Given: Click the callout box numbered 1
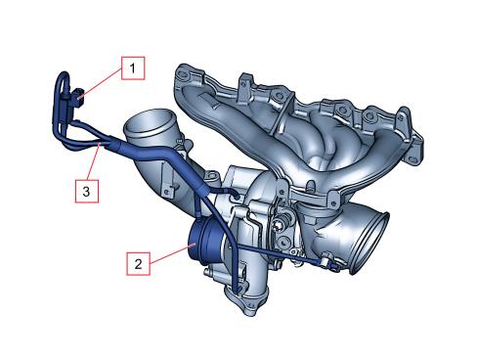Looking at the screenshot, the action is pos(133,68).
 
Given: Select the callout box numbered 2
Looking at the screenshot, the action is pos(138,263).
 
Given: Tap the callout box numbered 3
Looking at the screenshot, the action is pos(87,191).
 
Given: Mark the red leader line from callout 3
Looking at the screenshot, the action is pos(94,162).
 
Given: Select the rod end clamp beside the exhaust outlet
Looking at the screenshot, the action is pos(328,262).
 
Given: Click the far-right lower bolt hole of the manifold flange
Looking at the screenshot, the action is pos(412,159).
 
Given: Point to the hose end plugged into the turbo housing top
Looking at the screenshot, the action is pos(236,195).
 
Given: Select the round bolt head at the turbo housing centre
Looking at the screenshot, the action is pos(279,226).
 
